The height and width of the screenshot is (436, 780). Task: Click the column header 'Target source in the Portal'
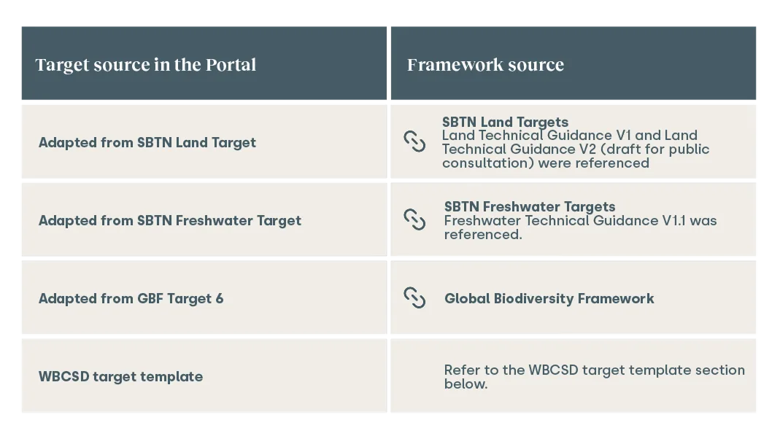click(146, 65)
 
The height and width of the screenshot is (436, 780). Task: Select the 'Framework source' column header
click(485, 65)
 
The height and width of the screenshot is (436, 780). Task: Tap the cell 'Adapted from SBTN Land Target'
click(147, 143)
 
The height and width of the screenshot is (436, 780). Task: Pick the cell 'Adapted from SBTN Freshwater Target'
click(170, 221)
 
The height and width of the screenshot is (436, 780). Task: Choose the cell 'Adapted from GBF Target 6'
click(131, 299)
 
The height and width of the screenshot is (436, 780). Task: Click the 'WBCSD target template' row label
click(121, 376)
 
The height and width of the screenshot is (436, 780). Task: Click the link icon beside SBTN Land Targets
click(414, 141)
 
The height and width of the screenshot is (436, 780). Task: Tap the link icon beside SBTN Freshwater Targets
click(414, 219)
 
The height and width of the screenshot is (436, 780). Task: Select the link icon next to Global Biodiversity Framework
click(414, 297)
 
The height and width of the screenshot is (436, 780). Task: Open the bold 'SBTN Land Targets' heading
click(505, 122)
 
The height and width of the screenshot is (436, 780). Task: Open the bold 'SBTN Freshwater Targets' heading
click(530, 207)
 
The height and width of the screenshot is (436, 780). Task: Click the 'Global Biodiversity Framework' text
click(549, 298)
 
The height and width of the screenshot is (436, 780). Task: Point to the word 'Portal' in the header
click(231, 65)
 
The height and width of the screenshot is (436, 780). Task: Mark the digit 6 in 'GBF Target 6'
click(220, 299)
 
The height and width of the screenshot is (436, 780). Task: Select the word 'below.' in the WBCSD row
click(466, 384)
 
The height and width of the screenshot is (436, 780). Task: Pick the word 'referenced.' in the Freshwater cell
click(483, 235)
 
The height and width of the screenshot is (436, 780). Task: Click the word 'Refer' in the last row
click(461, 370)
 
